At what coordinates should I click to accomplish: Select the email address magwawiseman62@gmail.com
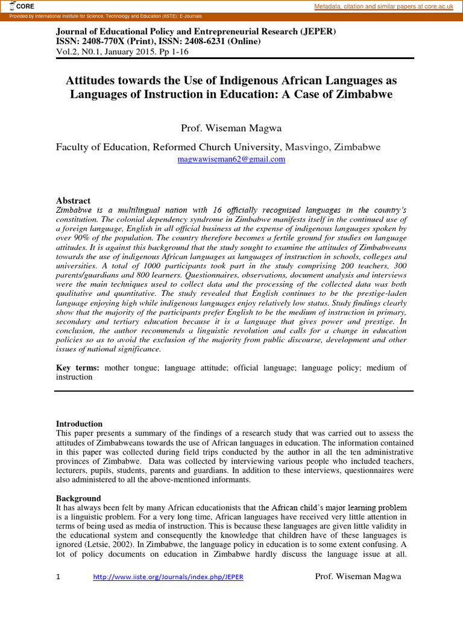click(x=231, y=159)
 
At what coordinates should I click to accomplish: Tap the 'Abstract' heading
click(x=73, y=201)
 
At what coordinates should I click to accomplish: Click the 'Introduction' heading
click(x=79, y=424)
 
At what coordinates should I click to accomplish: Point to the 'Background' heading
click(x=78, y=498)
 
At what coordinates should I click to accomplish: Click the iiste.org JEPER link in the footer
click(x=168, y=577)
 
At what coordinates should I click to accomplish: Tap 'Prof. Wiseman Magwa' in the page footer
click(x=358, y=577)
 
